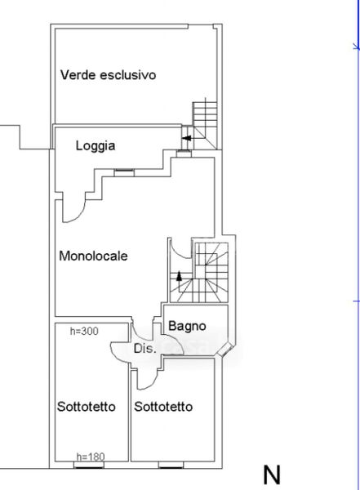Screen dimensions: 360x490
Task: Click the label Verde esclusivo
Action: coord(108,75)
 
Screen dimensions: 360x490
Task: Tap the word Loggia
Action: coord(96,146)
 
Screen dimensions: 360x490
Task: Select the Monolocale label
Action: coord(93,256)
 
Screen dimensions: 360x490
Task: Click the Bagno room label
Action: coord(187,326)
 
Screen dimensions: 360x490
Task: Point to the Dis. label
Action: coord(144,348)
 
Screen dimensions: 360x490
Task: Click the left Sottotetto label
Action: coord(87,407)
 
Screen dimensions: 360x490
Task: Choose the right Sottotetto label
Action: coord(163,407)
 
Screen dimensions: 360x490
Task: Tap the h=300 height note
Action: coord(84,331)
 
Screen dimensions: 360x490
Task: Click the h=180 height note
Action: coord(91,457)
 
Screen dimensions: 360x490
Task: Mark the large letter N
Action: coord(272,475)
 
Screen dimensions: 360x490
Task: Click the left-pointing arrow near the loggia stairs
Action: coord(187,138)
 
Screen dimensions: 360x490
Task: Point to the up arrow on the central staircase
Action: coord(179,277)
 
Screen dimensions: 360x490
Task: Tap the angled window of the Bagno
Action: coord(225,350)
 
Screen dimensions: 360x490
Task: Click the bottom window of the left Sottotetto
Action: coord(89,465)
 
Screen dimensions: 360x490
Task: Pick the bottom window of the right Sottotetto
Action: coord(171,465)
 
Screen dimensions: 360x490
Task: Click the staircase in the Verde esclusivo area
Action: coord(205,123)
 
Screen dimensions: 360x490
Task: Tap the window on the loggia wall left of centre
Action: coord(124,172)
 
